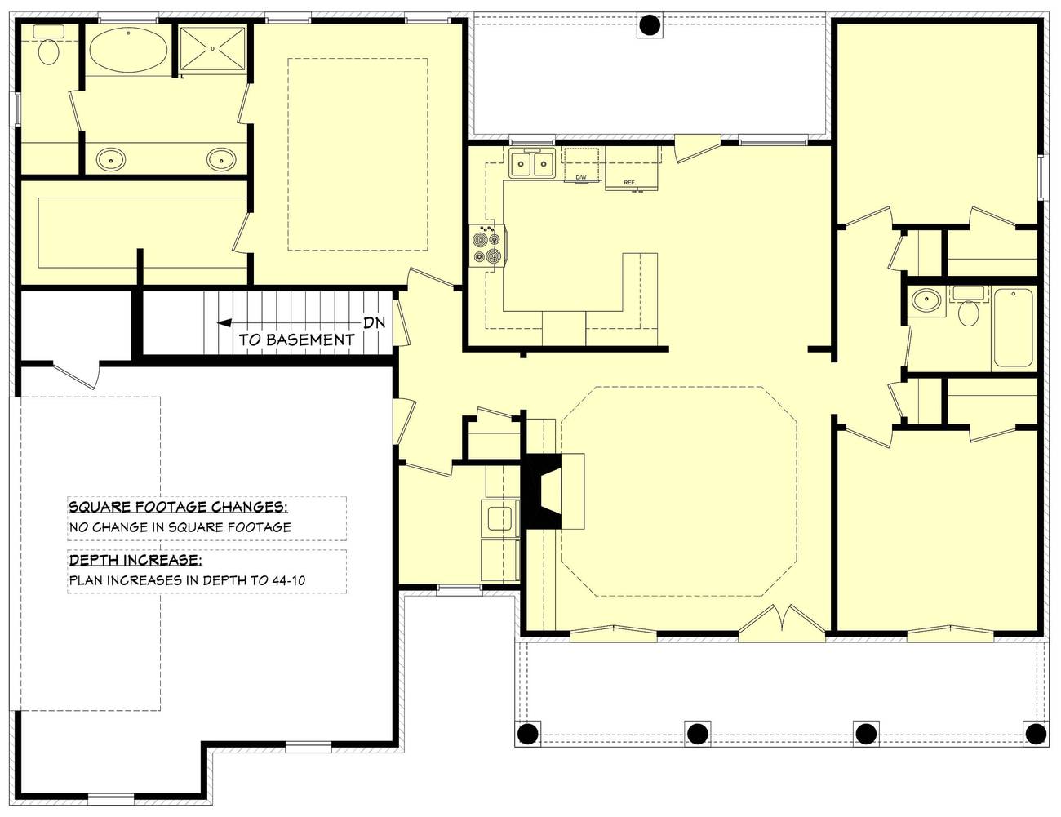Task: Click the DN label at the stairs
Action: point(374,322)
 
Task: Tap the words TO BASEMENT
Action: point(296,340)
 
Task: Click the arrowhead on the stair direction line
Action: point(224,322)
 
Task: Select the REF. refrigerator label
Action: point(629,183)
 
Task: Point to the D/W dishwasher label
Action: point(581,177)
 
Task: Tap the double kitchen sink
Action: point(531,163)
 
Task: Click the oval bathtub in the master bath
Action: point(128,49)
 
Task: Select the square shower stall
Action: point(212,49)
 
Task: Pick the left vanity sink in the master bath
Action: point(111,159)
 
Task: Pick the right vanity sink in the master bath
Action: point(221,159)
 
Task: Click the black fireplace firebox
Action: point(541,491)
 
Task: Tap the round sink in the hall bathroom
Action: point(926,300)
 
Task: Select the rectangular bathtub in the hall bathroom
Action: point(1013,327)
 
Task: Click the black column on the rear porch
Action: point(650,24)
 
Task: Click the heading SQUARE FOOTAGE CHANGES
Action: point(178,507)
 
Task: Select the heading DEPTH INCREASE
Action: point(135,560)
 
